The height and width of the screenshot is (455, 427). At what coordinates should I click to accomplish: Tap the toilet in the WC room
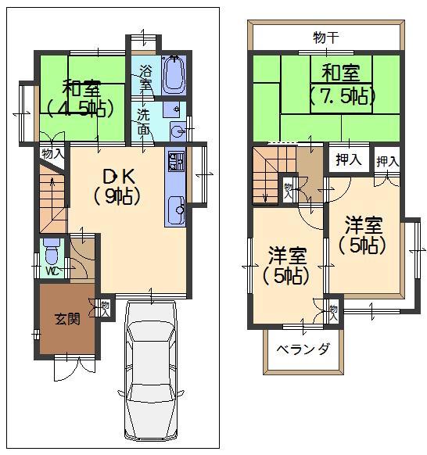click(52, 253)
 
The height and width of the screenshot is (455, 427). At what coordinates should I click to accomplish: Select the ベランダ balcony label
click(302, 349)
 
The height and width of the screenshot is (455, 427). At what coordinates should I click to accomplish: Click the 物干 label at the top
click(326, 36)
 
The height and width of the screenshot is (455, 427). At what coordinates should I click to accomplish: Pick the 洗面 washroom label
click(145, 121)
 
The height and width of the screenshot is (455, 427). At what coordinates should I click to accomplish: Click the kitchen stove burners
click(174, 162)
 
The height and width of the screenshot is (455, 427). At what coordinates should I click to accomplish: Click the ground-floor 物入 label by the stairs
click(52, 154)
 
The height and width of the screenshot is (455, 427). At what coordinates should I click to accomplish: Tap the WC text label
click(51, 271)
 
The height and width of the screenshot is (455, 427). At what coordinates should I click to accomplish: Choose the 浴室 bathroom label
click(145, 77)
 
